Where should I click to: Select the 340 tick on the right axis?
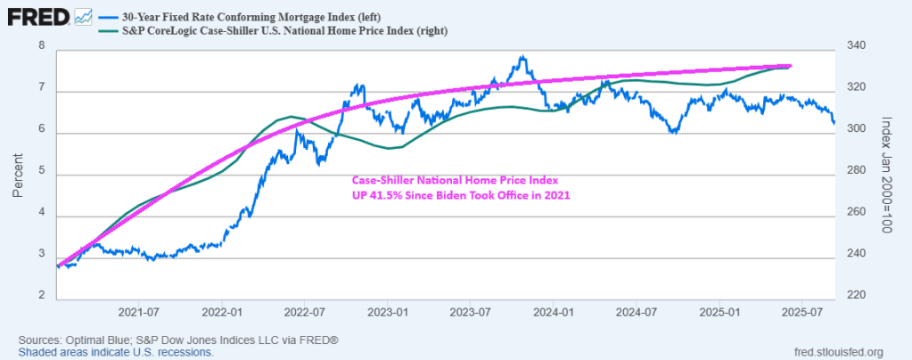[854, 46]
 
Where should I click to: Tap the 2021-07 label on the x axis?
[138, 313]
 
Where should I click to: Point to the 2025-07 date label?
[801, 313]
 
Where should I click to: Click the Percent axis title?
[18, 173]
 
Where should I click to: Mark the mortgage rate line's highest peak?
[522, 58]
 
